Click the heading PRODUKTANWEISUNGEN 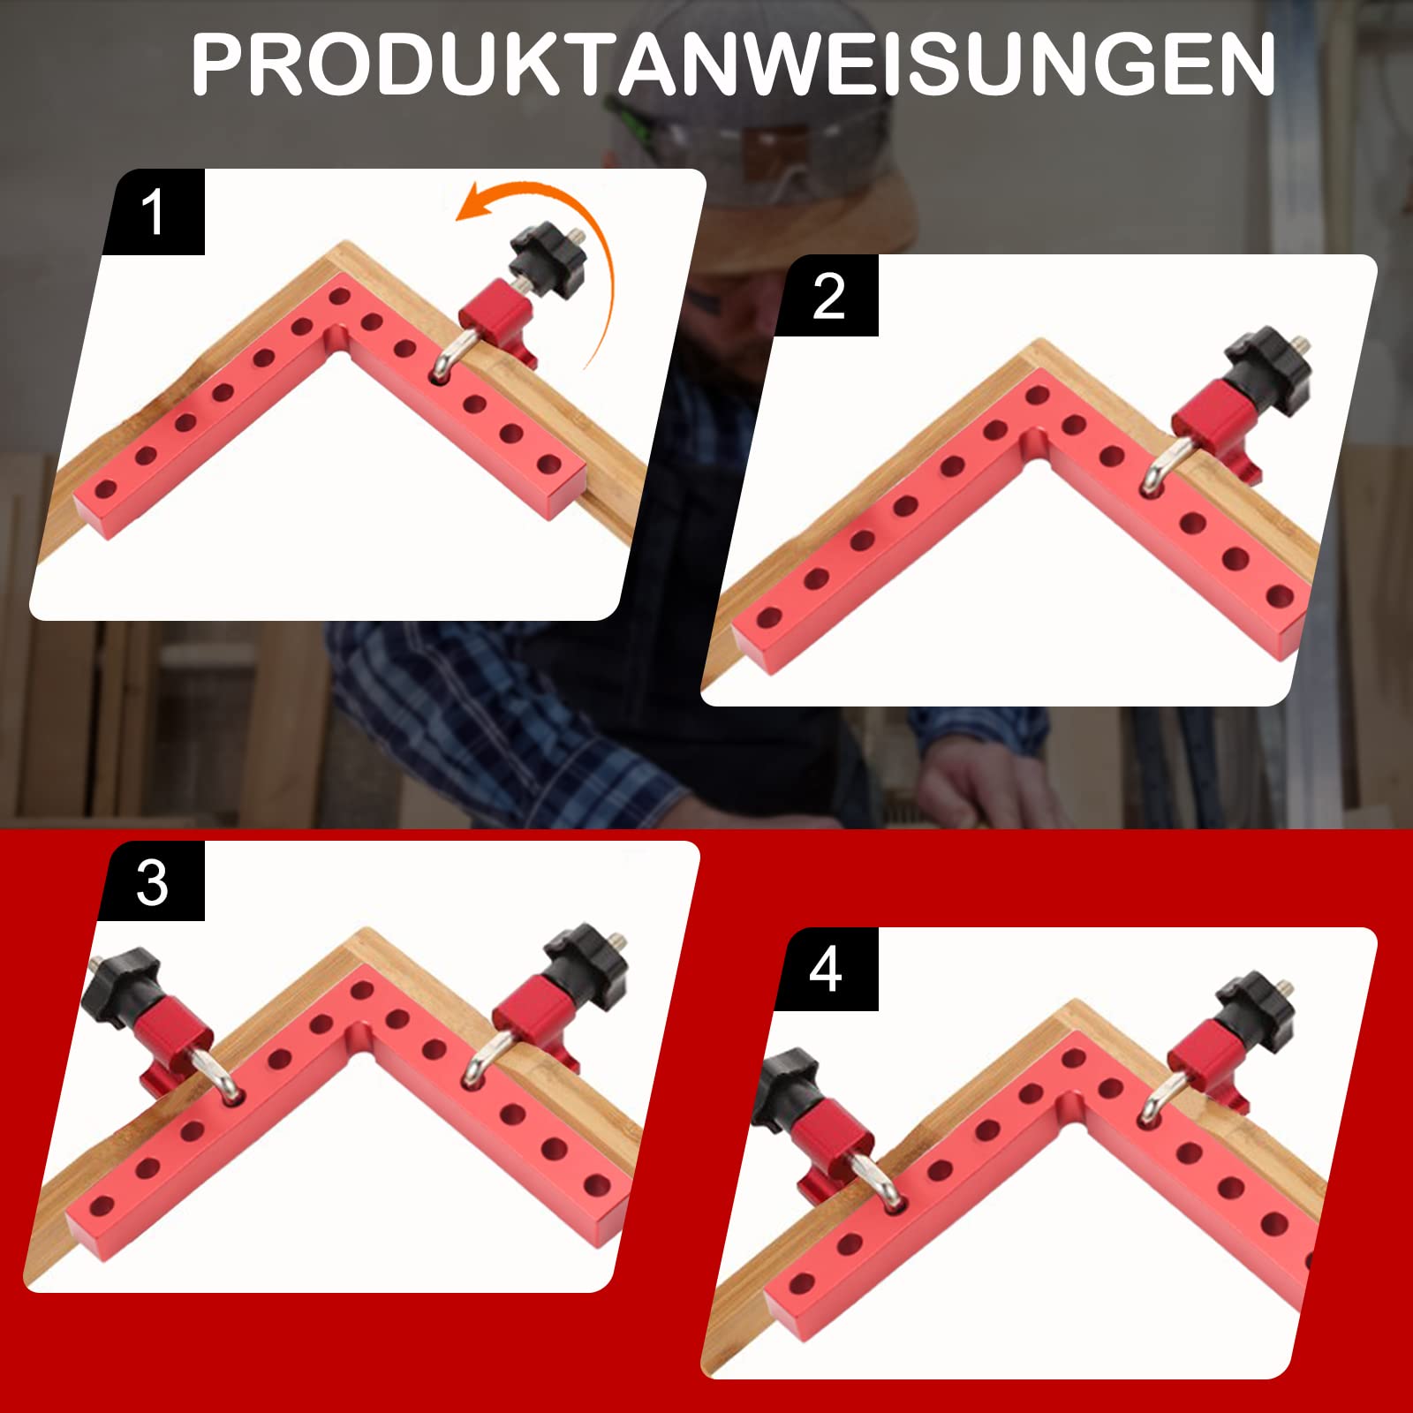(733, 64)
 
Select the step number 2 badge (827, 296)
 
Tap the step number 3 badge (152, 881)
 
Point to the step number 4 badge (826, 970)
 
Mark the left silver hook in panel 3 (218, 1079)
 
